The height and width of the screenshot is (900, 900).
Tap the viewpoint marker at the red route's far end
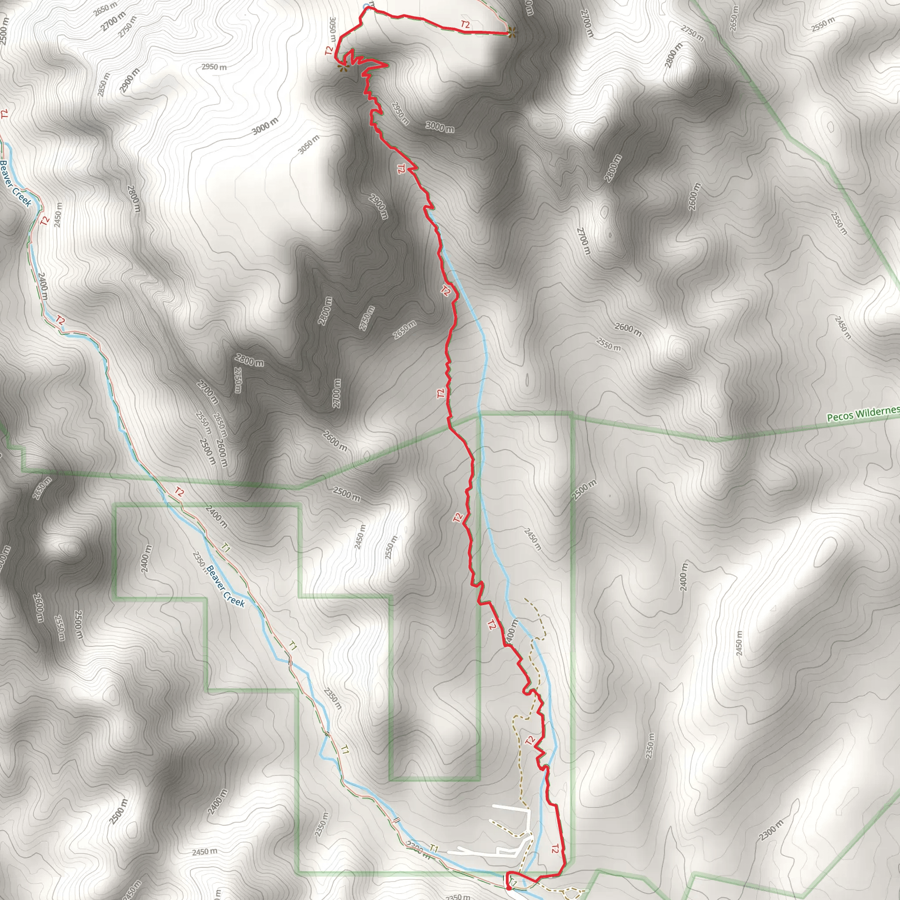click(x=512, y=33)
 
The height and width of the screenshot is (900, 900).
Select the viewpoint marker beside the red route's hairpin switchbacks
click(x=343, y=68)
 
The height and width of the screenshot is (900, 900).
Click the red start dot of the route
click(x=509, y=888)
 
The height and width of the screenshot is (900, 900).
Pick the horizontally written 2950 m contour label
click(x=214, y=67)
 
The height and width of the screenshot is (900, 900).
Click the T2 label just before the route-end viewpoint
click(x=465, y=25)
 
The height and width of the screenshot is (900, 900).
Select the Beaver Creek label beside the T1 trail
click(x=225, y=586)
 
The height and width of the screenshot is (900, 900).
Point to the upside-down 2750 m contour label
click(x=238, y=380)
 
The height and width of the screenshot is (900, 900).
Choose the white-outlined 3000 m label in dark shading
click(x=439, y=126)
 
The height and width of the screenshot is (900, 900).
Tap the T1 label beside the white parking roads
click(x=434, y=848)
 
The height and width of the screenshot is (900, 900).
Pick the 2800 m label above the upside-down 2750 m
click(x=249, y=359)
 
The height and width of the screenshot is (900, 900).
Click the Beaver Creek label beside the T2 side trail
click(x=15, y=184)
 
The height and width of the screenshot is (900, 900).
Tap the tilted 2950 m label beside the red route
click(x=400, y=113)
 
